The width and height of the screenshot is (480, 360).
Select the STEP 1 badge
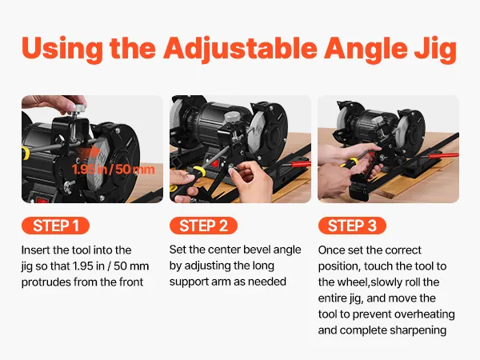click(x=55, y=226)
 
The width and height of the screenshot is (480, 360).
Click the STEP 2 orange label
click(x=203, y=226)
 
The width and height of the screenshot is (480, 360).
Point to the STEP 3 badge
click(x=352, y=226)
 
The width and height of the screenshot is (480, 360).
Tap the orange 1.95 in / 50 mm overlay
click(x=114, y=170)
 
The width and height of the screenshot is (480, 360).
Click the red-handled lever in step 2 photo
click(x=301, y=163)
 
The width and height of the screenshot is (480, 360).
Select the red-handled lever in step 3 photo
click(x=443, y=155)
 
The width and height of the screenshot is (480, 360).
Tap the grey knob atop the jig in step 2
click(x=231, y=118)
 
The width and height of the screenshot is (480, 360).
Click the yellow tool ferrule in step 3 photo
click(x=353, y=162)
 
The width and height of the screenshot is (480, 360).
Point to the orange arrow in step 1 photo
click(x=90, y=154)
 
